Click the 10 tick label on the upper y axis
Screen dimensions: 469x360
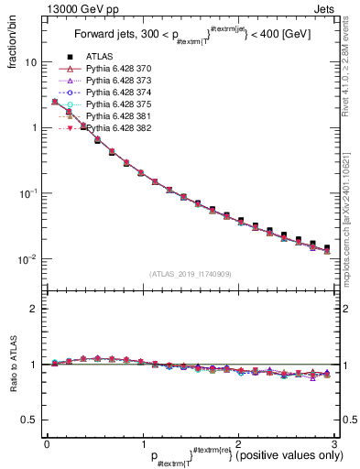(29, 62)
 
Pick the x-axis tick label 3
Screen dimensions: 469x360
(334, 444)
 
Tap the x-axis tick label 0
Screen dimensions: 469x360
(46, 444)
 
